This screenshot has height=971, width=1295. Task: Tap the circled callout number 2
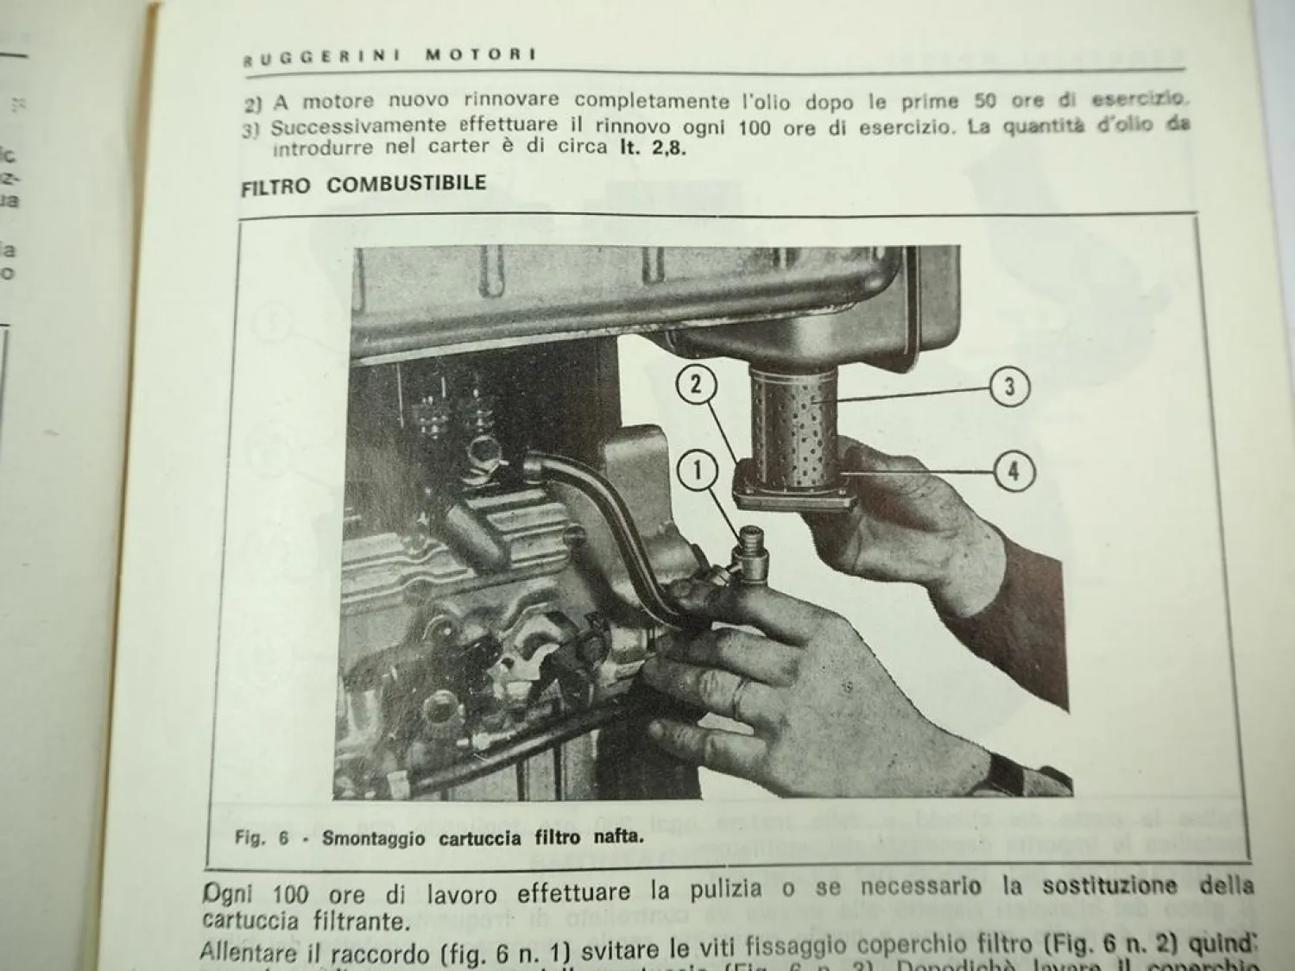(x=697, y=385)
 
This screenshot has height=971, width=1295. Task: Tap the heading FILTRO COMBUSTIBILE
(x=363, y=184)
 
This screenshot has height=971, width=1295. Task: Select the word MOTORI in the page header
(x=481, y=55)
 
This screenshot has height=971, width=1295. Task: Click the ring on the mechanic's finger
(x=740, y=697)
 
